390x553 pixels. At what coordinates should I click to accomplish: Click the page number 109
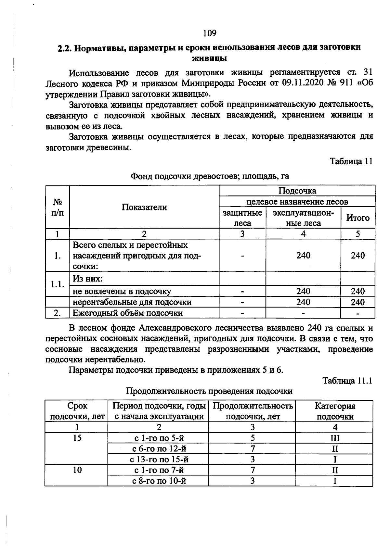pyautogui.click(x=210, y=33)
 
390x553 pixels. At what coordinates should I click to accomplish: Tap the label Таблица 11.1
pyautogui.click(x=347, y=381)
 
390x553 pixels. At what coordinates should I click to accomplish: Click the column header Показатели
pyautogui.click(x=144, y=207)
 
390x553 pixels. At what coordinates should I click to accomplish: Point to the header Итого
pyautogui.click(x=358, y=218)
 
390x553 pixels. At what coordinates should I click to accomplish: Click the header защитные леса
pyautogui.click(x=242, y=218)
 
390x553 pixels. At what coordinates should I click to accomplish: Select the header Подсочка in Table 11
pyautogui.click(x=297, y=191)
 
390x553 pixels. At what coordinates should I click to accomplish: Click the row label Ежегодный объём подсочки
pyautogui.click(x=127, y=313)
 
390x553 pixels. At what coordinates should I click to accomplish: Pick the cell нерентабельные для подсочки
pyautogui.click(x=132, y=302)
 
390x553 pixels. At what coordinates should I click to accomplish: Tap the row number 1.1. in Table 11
pyautogui.click(x=57, y=284)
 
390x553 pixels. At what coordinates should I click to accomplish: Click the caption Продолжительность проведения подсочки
pyautogui.click(x=209, y=391)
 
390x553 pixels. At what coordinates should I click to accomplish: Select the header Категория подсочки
pyautogui.click(x=335, y=411)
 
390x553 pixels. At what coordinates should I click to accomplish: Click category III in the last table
pyautogui.click(x=335, y=438)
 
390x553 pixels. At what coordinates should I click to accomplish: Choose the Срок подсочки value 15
pyautogui.click(x=77, y=438)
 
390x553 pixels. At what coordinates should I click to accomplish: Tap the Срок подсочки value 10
pyautogui.click(x=77, y=470)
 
